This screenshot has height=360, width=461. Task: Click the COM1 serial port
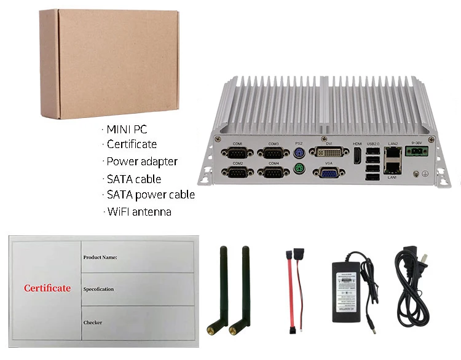point(237,153)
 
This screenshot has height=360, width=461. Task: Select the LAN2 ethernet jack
point(392,153)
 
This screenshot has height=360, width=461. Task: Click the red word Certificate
point(47,288)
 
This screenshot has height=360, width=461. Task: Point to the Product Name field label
point(100,257)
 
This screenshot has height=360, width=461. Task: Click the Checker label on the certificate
point(93,322)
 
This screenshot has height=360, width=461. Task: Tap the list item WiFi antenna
point(138,212)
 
